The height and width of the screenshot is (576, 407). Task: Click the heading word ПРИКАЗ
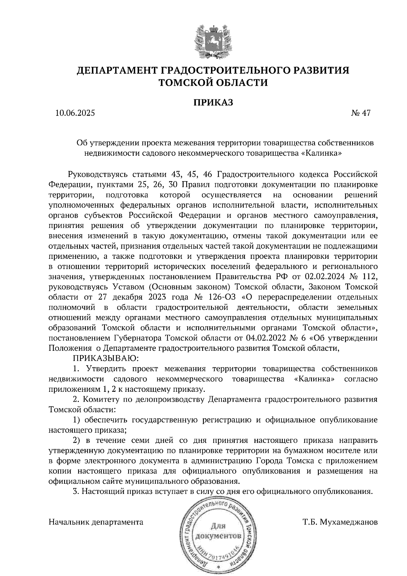pos(213,102)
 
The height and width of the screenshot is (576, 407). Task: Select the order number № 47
pos(361,113)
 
